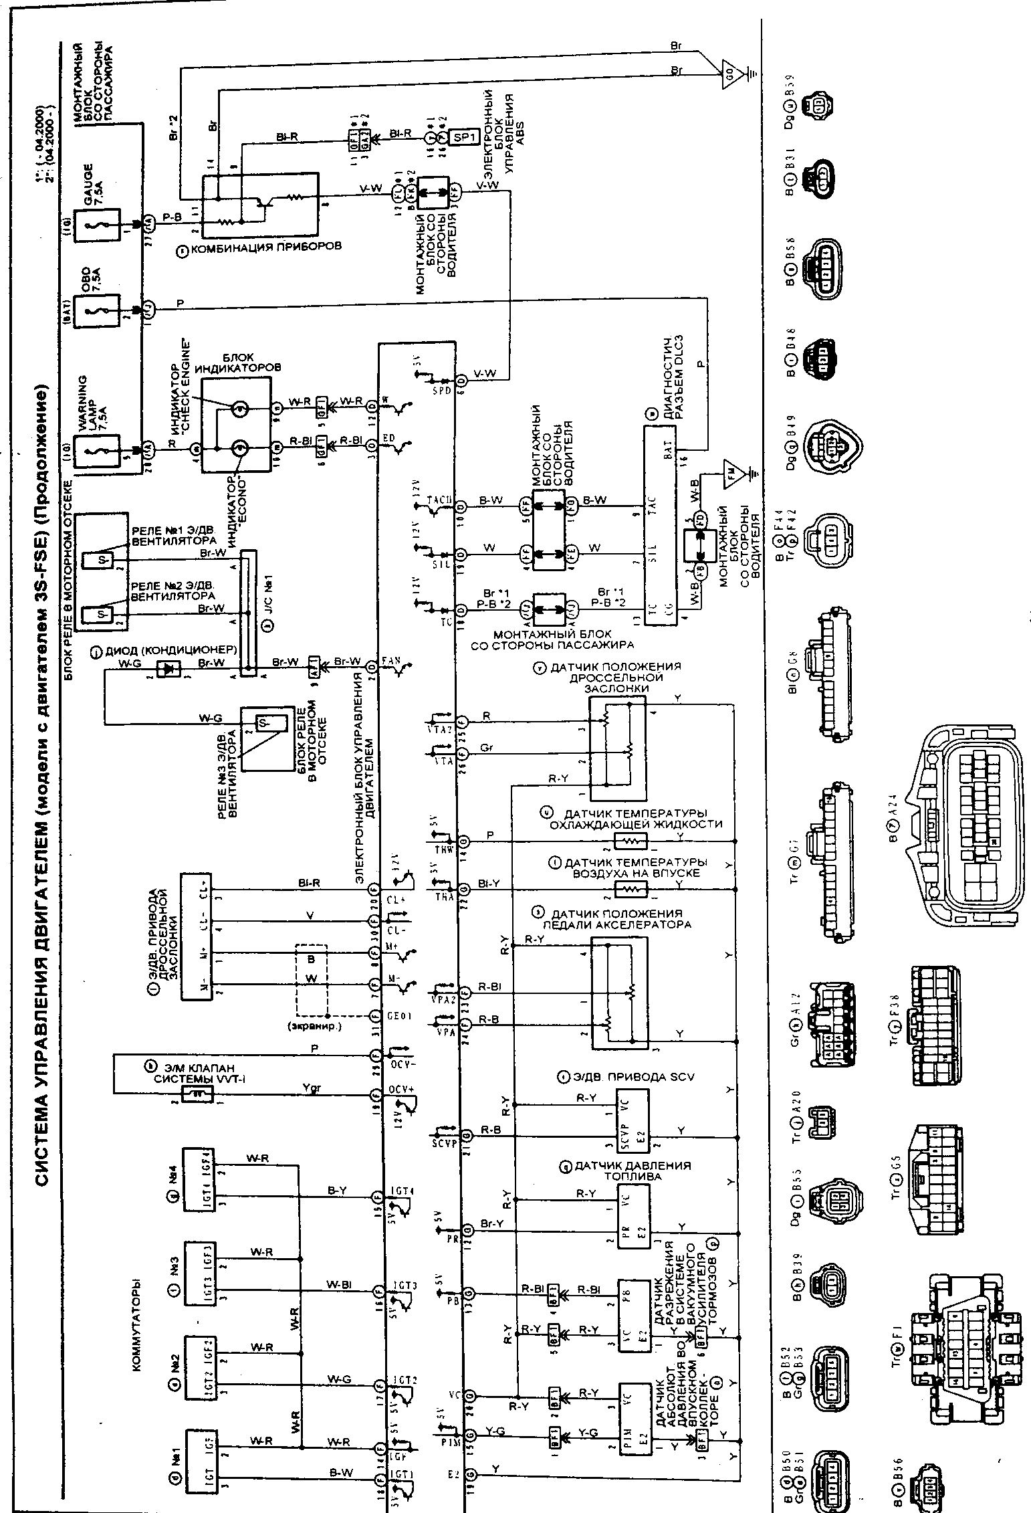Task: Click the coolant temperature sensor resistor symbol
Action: [631, 840]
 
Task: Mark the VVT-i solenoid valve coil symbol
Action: [198, 1094]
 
